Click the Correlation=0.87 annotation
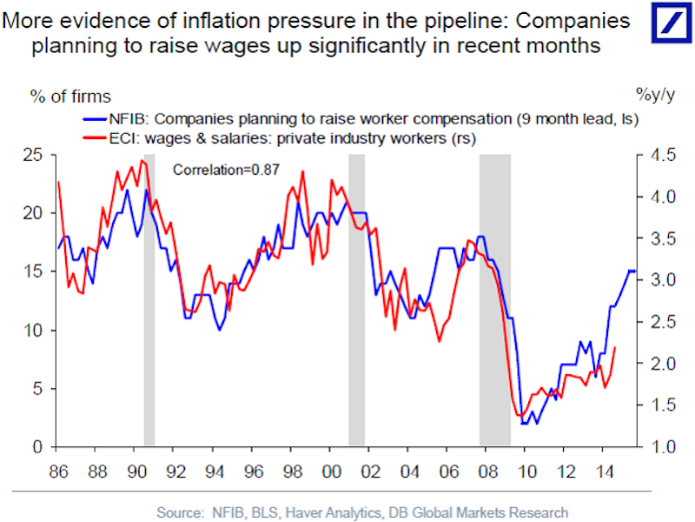(226, 171)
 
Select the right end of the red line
(615, 347)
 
